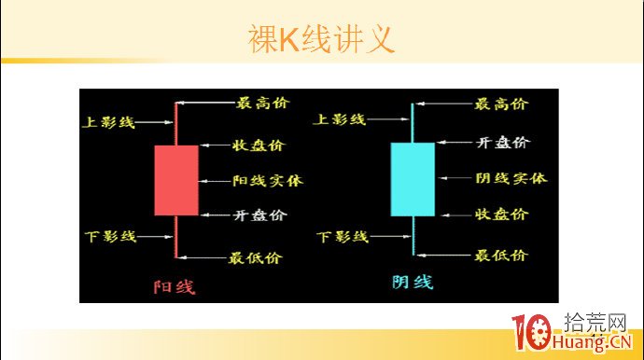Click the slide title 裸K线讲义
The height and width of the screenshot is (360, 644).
click(321, 39)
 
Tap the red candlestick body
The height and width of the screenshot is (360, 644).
click(175, 179)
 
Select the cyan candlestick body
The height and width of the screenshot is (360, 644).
click(412, 179)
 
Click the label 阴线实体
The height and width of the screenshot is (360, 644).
click(511, 178)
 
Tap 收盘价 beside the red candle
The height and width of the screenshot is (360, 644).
click(259, 145)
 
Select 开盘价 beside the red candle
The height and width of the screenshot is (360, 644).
click(259, 215)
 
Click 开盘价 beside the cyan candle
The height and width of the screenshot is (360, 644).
click(502, 142)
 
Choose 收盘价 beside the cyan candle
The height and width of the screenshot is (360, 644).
click(502, 214)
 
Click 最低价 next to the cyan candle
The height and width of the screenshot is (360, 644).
click(500, 255)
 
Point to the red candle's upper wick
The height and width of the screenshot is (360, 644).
click(175, 121)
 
